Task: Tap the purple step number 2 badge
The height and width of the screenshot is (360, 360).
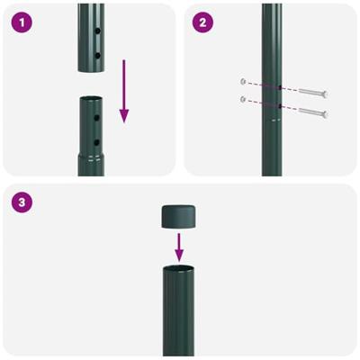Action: coord(202,22)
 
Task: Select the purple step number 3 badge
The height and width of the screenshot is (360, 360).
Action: coord(21,202)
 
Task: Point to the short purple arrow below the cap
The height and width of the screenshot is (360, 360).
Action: coord(180,243)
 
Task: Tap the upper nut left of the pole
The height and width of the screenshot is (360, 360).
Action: coord(243,81)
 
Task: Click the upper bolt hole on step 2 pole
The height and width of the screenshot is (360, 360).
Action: coord(281,88)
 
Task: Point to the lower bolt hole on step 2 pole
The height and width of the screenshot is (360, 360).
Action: coord(281,107)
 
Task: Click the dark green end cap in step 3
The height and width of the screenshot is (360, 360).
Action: coord(180,216)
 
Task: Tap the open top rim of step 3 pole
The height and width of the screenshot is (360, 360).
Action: coord(180,269)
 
